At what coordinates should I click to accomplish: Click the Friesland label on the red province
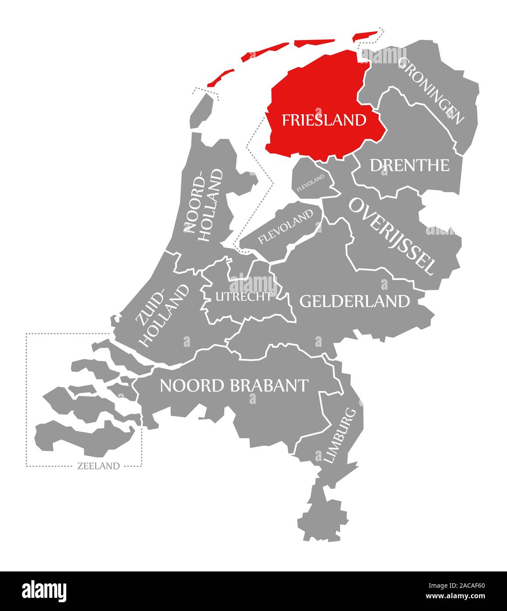point(324,120)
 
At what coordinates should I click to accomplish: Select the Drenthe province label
point(409,165)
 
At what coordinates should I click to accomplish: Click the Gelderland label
point(354,301)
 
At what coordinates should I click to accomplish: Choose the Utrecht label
point(243,297)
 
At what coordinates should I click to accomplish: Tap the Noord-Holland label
point(203,201)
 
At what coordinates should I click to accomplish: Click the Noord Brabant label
point(234,386)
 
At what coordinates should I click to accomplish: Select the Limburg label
point(339,435)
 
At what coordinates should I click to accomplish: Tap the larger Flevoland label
point(286,226)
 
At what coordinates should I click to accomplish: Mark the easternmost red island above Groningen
point(365,36)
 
